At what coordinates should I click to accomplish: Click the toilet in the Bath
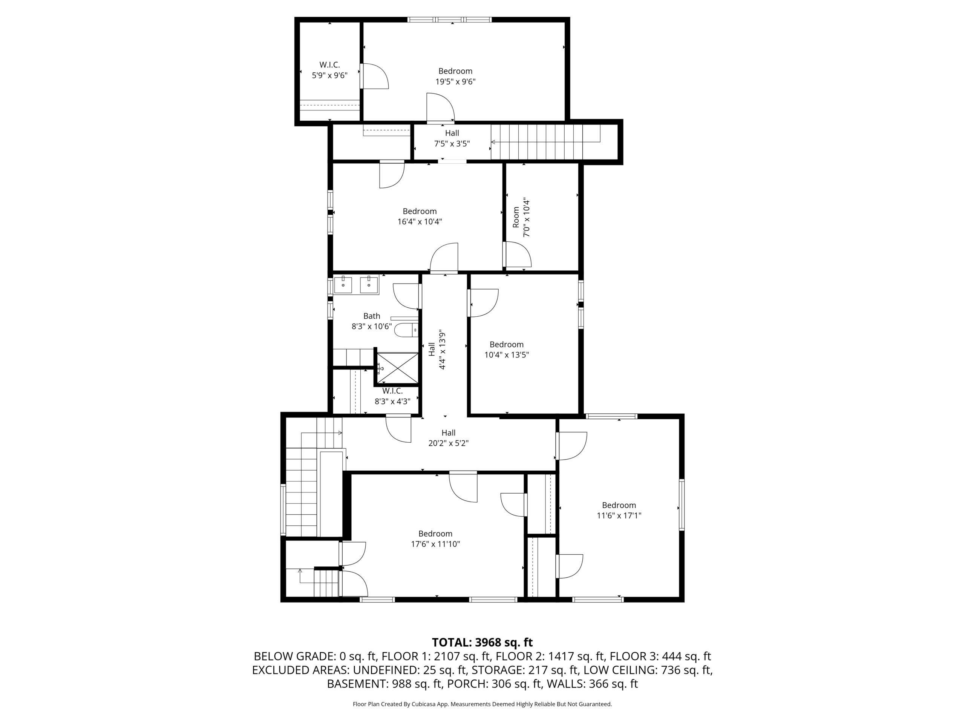tap(406, 330)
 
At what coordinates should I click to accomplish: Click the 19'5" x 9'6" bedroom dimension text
tap(455, 81)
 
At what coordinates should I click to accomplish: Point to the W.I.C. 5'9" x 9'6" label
tap(329, 70)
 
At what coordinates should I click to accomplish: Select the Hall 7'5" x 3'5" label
tap(452, 138)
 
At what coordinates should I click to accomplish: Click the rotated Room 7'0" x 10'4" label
tap(521, 218)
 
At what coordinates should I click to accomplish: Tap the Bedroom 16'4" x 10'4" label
tap(420, 216)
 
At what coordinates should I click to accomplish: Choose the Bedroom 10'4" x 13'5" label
tap(507, 350)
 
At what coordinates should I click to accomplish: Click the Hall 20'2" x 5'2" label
tap(449, 438)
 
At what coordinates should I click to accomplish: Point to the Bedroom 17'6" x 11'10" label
tap(435, 539)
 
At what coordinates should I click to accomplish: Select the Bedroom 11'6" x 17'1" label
tap(619, 510)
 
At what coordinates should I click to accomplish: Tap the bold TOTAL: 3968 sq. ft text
tap(482, 643)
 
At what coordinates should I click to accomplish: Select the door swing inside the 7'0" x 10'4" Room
tap(518, 254)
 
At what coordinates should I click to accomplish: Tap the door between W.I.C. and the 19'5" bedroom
tap(374, 77)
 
